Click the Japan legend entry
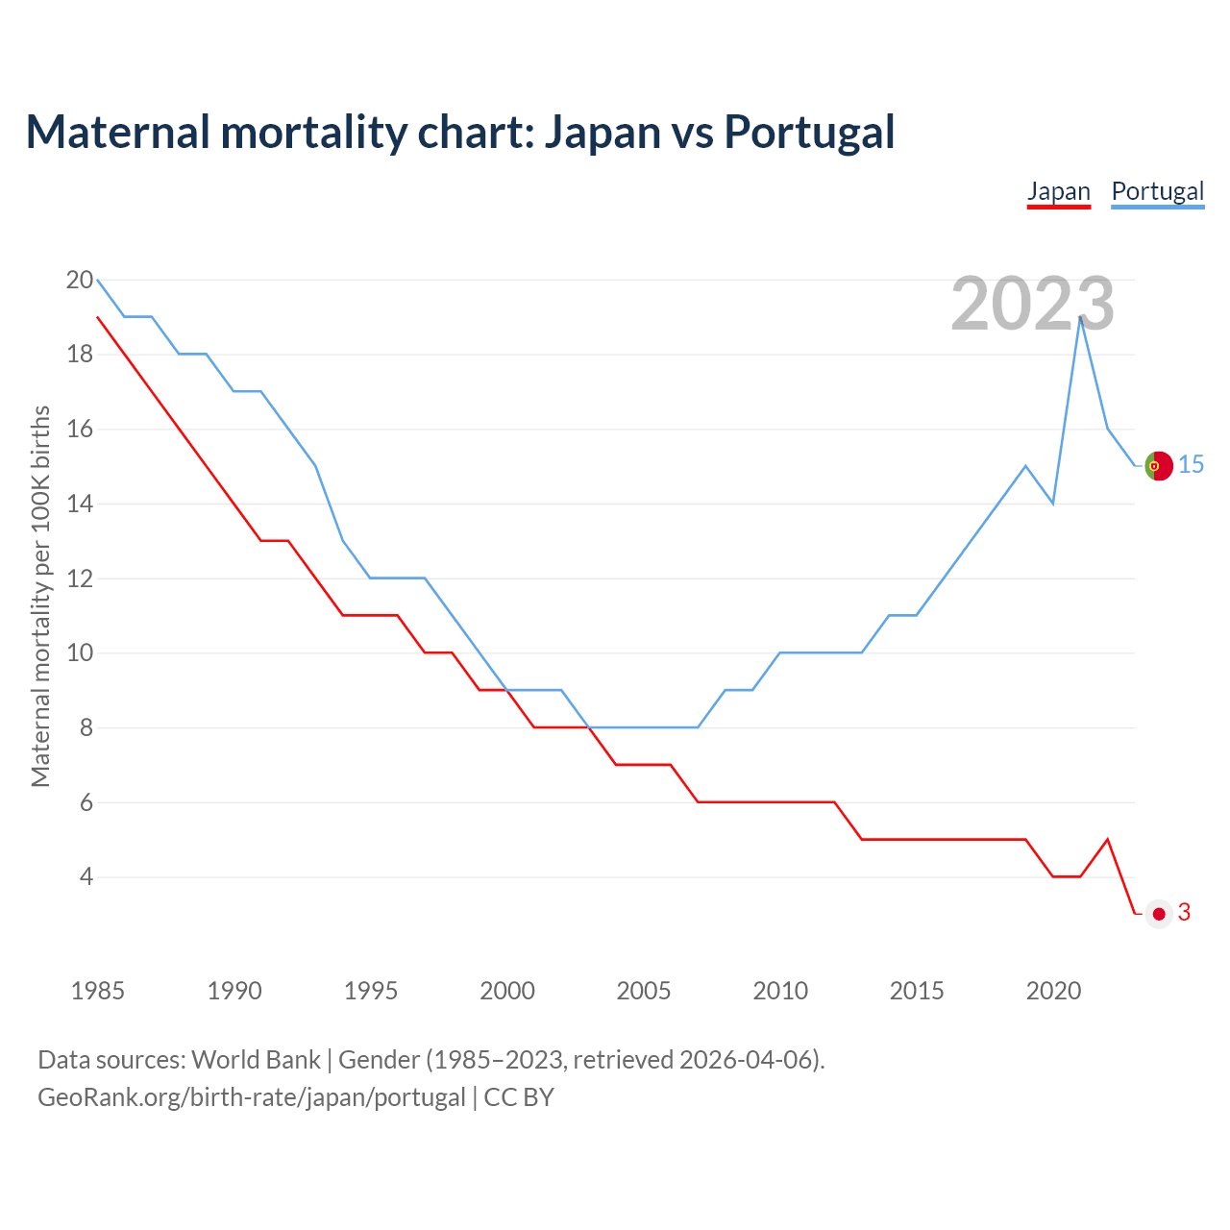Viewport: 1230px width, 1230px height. [x=1058, y=191]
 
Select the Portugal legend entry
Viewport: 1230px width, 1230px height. [x=1157, y=191]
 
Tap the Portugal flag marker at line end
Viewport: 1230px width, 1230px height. [x=1159, y=465]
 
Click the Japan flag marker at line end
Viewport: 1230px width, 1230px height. [x=1159, y=914]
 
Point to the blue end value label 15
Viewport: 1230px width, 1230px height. [x=1191, y=465]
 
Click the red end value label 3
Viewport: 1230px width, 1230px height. [x=1184, y=913]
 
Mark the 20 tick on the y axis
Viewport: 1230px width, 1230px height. [x=80, y=281]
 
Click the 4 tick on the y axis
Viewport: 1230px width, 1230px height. [x=86, y=877]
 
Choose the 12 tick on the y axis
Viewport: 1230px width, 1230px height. [x=80, y=578]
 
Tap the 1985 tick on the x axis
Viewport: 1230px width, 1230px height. [x=98, y=991]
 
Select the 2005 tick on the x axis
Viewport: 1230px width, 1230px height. [x=644, y=991]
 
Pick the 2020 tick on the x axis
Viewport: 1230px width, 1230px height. [x=1053, y=991]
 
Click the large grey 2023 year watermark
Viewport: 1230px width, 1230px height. [x=1033, y=304]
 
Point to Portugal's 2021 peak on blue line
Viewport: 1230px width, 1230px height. [x=1081, y=317]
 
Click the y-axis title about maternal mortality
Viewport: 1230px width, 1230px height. [x=40, y=596]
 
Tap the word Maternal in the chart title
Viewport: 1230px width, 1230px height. [x=117, y=132]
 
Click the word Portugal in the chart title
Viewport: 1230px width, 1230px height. [x=809, y=132]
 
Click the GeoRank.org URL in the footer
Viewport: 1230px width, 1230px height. [x=251, y=1097]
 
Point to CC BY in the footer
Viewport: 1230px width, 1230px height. [x=519, y=1097]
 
